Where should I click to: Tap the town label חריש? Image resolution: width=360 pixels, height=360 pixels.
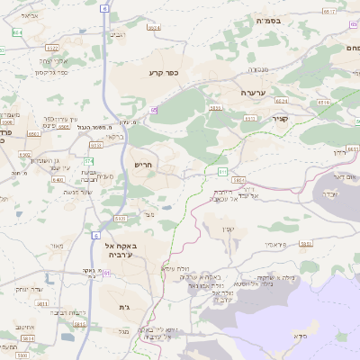143,165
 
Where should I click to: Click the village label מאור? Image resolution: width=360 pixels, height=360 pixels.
59,245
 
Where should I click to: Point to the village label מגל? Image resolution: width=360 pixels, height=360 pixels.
123,332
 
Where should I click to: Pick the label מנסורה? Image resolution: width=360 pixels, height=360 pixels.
258,67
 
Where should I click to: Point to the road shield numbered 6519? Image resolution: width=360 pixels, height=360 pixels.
328,11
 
